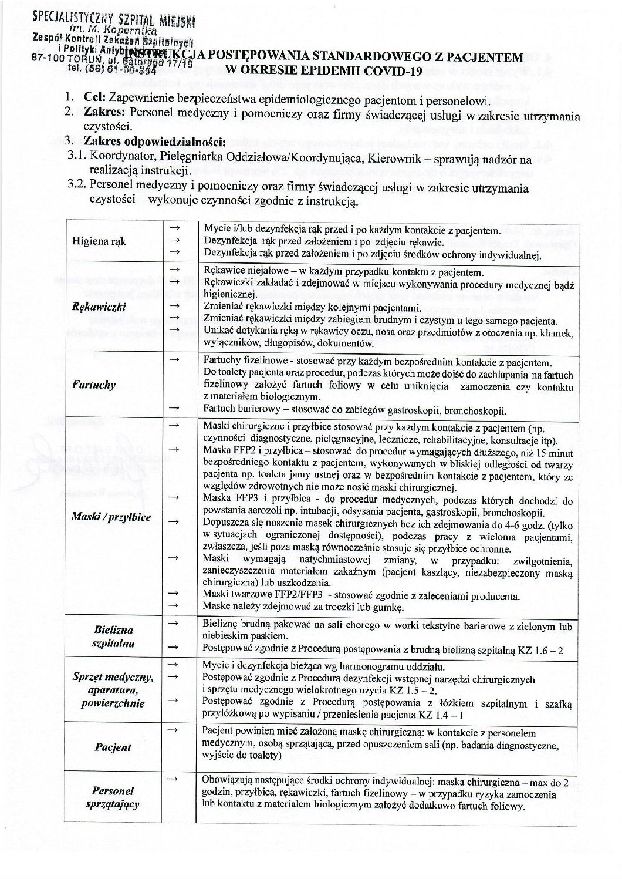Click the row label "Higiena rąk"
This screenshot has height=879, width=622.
[99, 241]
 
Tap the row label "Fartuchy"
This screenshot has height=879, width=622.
[93, 385]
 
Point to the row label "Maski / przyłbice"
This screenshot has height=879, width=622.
[111, 517]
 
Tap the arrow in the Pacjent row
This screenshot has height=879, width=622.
[172, 729]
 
